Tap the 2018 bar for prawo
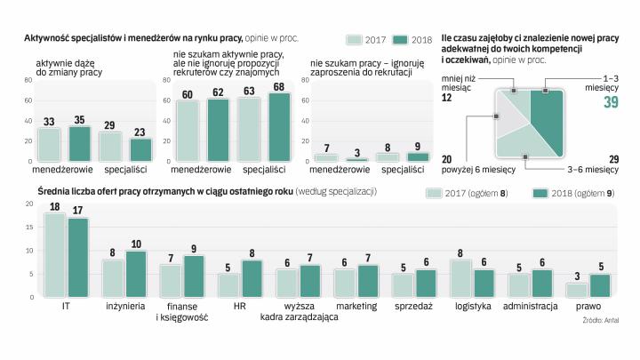coord(602,286)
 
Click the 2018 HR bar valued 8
coord(252,279)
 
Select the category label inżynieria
coord(124,306)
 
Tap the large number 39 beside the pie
coord(610,103)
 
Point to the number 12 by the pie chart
coord(447,98)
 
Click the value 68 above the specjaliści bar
coord(278,88)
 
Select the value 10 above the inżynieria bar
coord(136,244)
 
